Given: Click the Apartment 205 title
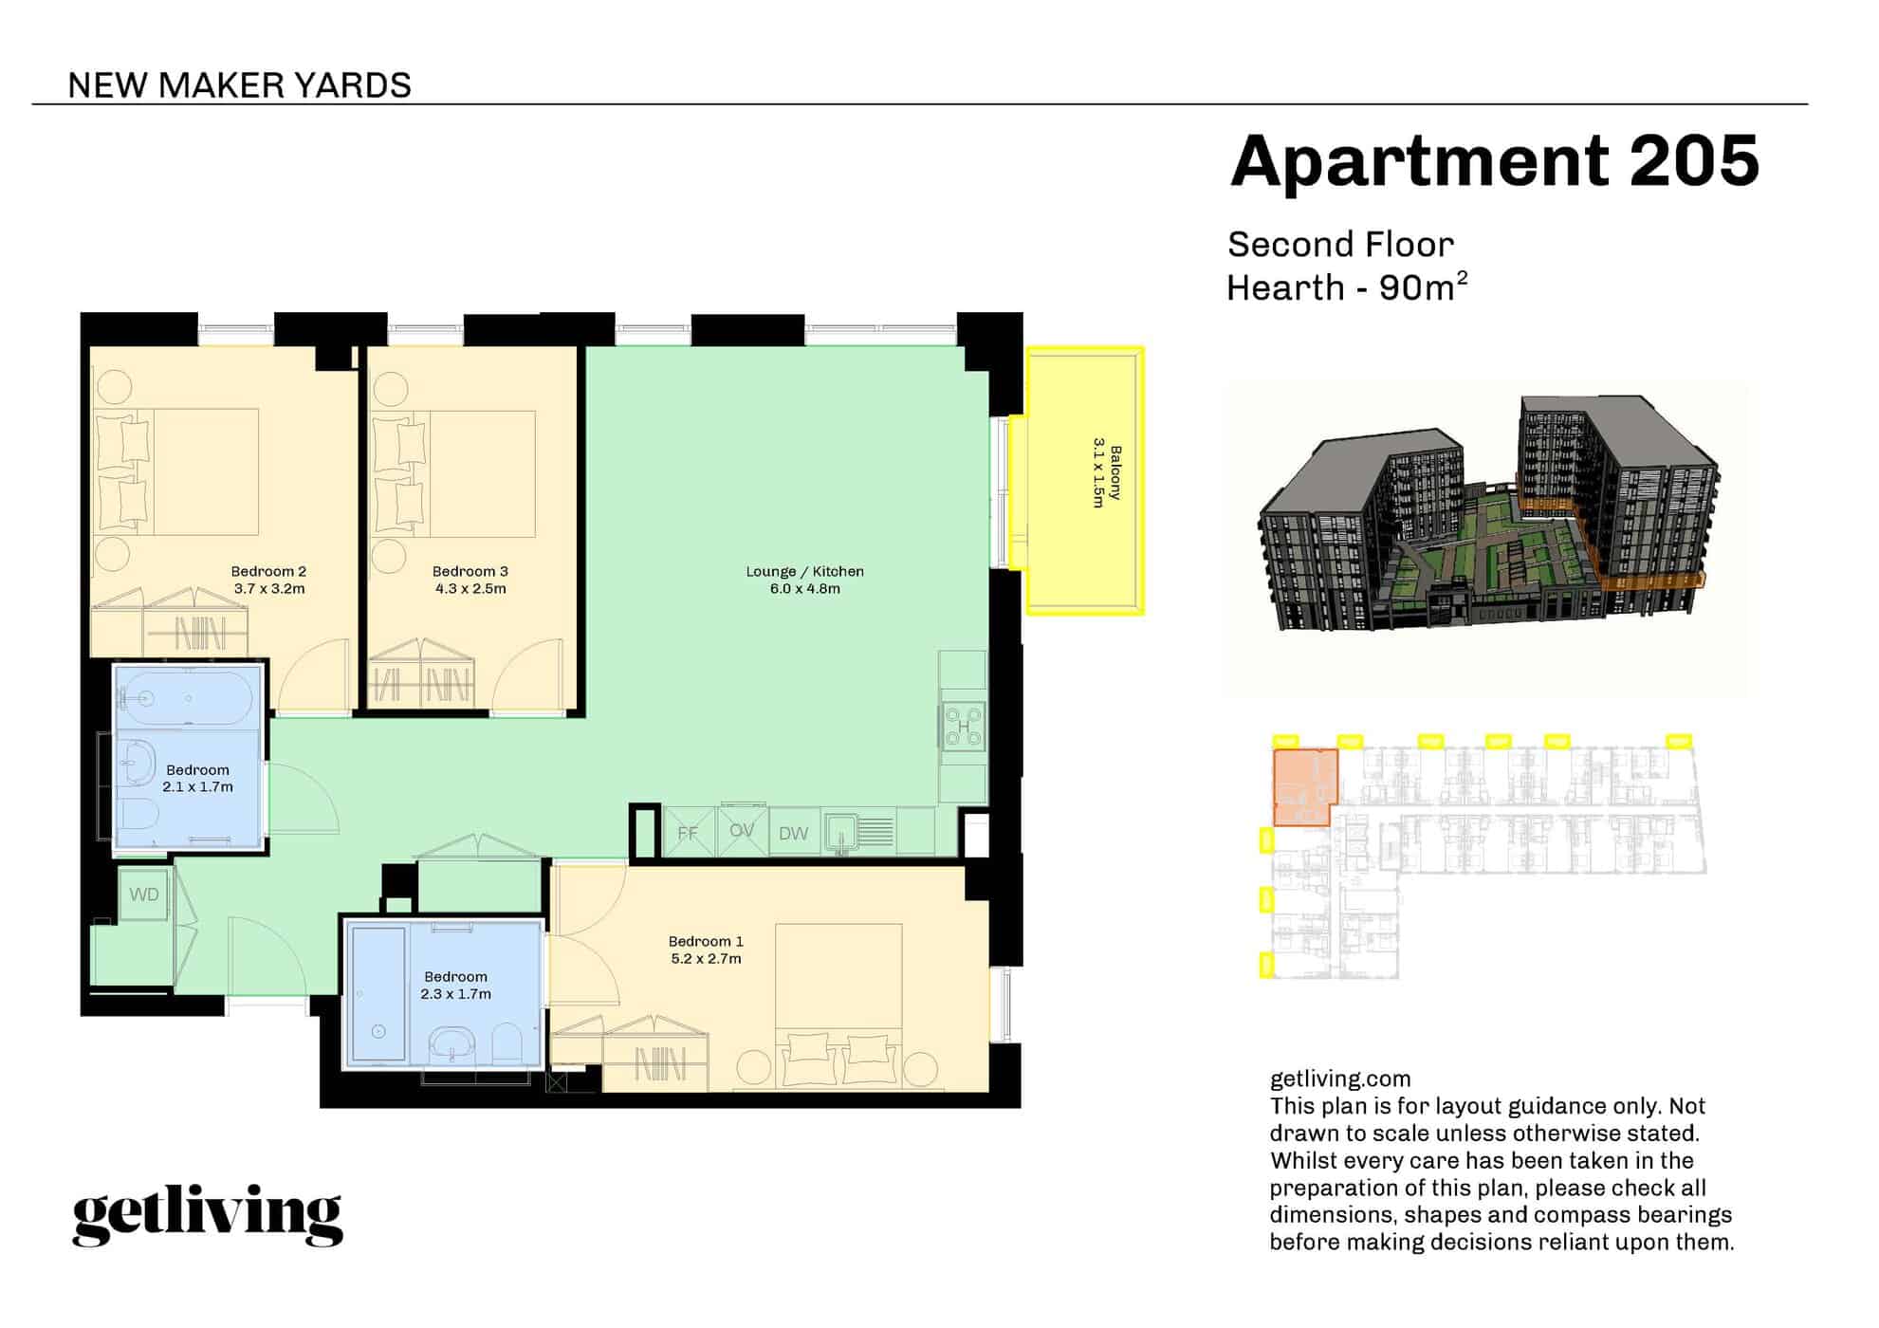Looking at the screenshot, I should click(x=1494, y=161).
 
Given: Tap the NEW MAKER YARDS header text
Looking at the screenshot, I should click(x=239, y=85).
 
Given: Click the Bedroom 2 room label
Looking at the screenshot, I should click(x=268, y=571).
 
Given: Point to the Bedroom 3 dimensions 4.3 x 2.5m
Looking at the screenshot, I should click(x=470, y=589).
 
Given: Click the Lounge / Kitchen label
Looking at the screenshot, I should click(x=804, y=571).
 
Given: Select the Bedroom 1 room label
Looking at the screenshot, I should click(x=706, y=941).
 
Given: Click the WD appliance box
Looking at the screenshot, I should click(x=144, y=895).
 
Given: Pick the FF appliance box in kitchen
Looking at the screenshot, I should click(x=688, y=833).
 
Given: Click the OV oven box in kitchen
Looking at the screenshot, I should click(x=742, y=831).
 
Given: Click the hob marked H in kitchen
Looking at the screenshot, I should click(x=964, y=728).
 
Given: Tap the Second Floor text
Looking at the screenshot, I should click(x=1339, y=245).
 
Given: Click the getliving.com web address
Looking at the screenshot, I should click(x=1339, y=1079).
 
